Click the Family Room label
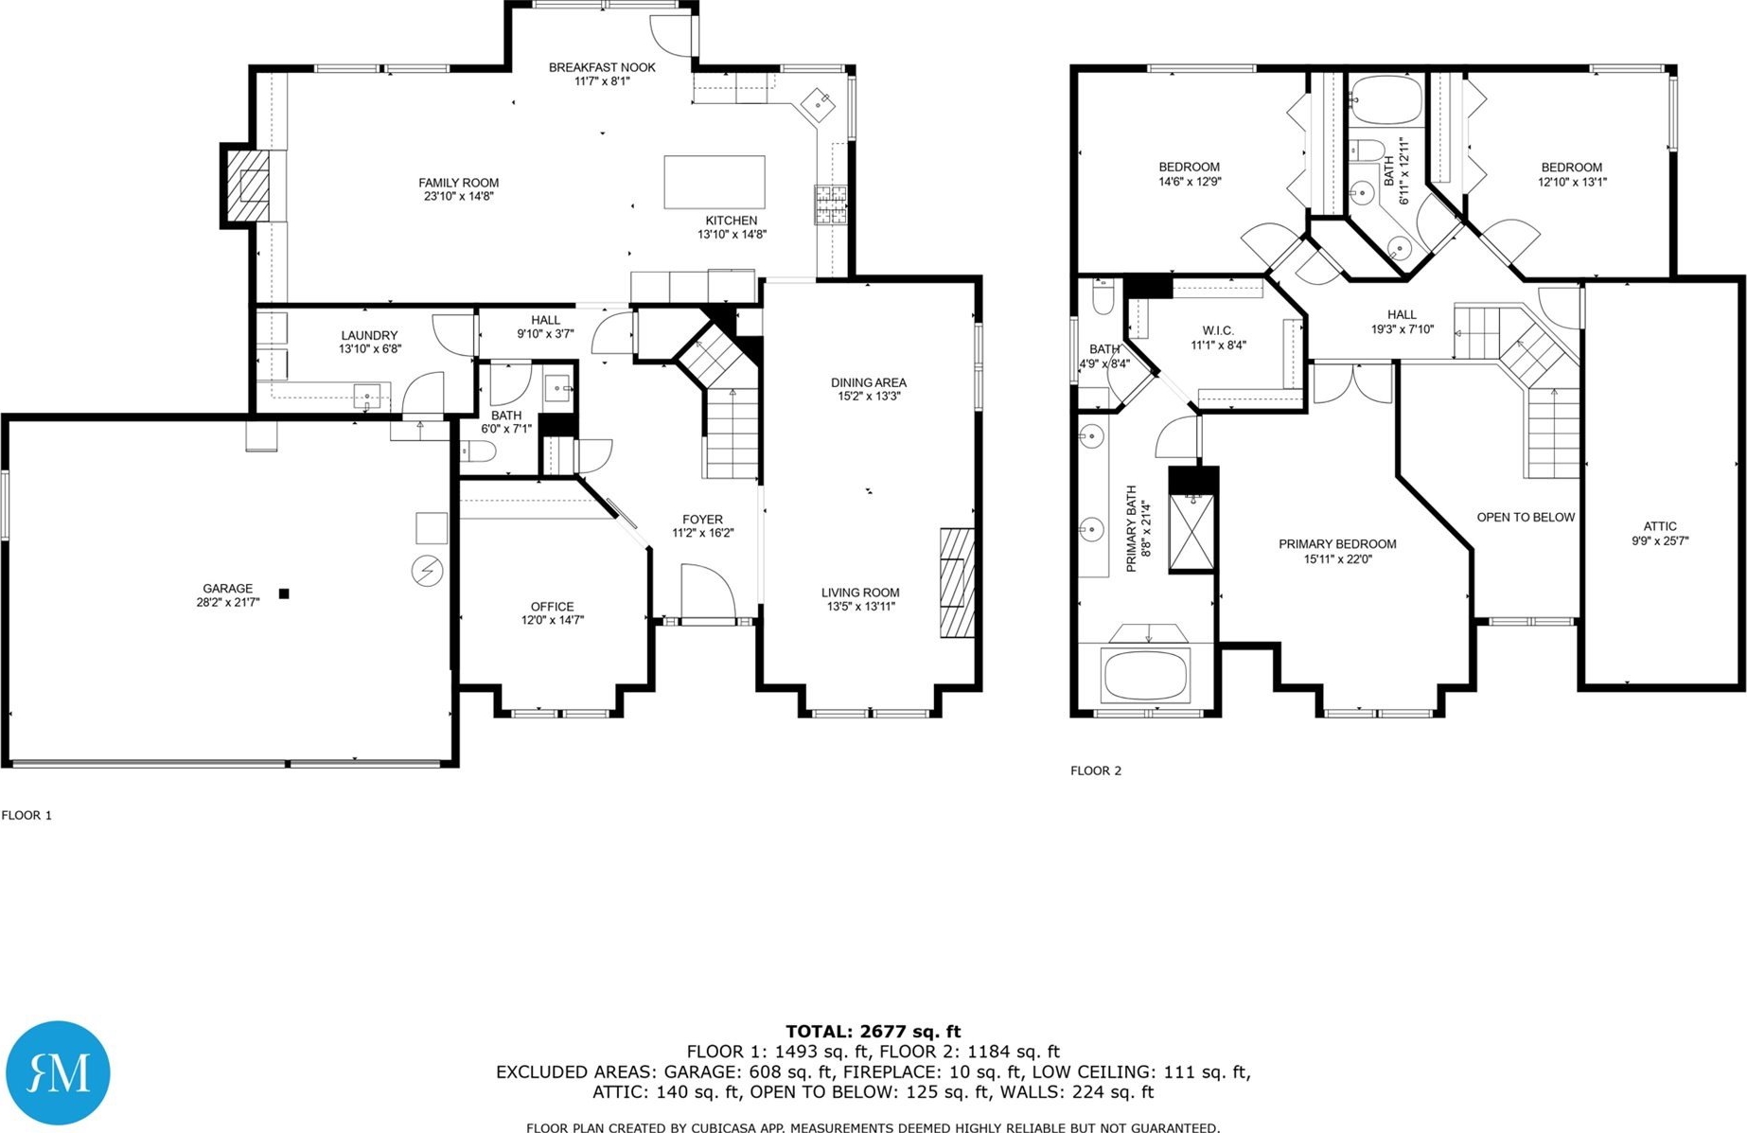pos(458,183)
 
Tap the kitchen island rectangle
pos(715,182)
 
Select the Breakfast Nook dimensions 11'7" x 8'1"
pos(602,81)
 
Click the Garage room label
pos(228,588)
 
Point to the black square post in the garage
pos(284,593)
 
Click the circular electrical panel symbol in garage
pos(427,571)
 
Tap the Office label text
pos(552,607)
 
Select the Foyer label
pos(702,520)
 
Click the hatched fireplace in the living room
pos(957,583)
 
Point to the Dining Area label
pos(869,382)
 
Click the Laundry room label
pos(369,335)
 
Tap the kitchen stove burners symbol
pos(831,205)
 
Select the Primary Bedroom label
pos(1337,544)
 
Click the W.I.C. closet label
pos(1218,330)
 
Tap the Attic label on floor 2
pos(1660,526)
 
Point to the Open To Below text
pos(1526,517)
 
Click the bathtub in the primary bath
pos(1145,675)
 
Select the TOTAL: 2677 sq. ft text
pos(873,1032)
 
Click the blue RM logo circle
pos(58,1072)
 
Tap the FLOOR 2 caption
pos(1096,770)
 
